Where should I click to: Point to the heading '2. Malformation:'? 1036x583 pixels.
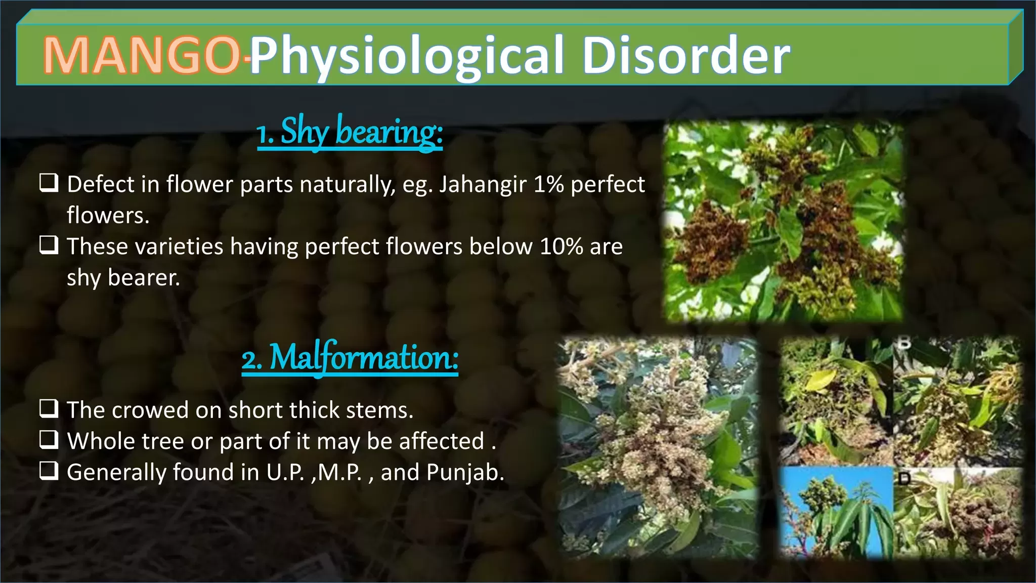point(350,358)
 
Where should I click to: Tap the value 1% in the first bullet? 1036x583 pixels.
point(548,184)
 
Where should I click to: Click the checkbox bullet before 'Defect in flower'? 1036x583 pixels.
point(49,183)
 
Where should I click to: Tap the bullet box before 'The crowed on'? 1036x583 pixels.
point(49,408)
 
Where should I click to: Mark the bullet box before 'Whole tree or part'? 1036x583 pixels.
point(49,440)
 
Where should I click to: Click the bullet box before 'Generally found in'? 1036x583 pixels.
point(49,471)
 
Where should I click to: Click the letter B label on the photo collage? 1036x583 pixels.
point(904,343)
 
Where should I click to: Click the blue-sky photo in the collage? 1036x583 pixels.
point(837,511)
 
